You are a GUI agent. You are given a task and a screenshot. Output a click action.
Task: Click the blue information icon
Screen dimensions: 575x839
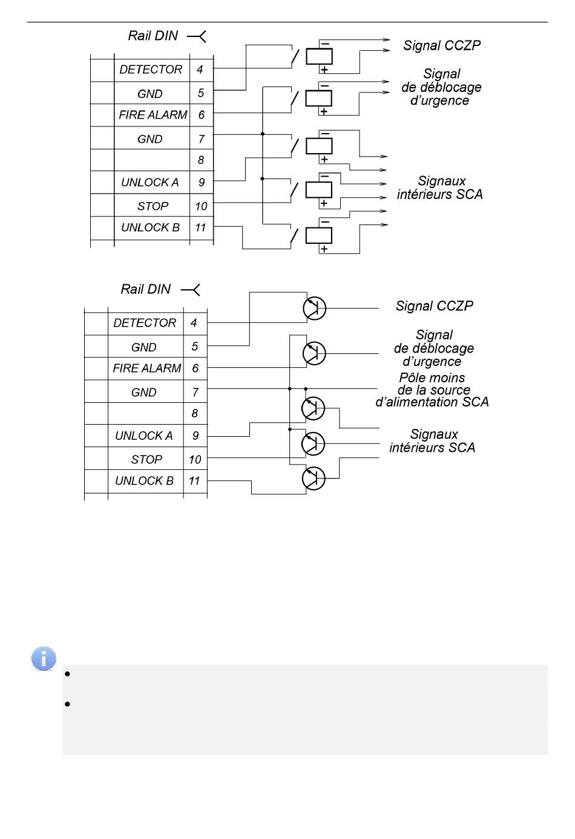[44, 658]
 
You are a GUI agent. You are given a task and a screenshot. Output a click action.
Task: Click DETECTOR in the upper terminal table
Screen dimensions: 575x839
[151, 70]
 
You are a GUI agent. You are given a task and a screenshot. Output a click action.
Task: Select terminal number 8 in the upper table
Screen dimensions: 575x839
[201, 160]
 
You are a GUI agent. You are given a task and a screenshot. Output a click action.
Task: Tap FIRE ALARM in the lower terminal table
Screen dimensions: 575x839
[147, 368]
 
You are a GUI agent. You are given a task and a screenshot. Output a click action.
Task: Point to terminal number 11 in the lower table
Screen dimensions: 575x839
[194, 480]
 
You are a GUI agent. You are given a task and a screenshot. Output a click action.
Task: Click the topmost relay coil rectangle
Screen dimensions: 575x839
[319, 56]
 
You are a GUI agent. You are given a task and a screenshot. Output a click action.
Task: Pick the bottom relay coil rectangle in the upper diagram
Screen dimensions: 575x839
[318, 235]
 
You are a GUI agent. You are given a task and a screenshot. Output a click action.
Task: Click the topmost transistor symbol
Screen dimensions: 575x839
[314, 309]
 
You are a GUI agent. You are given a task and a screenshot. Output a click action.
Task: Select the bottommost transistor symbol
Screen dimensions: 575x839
[314, 478]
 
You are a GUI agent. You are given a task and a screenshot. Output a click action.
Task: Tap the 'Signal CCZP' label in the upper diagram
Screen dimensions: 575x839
[442, 45]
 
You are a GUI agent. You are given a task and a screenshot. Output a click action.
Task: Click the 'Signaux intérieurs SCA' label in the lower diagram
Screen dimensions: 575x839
[432, 441]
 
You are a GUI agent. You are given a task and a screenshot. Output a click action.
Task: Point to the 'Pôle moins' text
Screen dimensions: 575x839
[432, 377]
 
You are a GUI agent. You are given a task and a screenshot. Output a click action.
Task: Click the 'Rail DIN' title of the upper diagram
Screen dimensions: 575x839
[153, 36]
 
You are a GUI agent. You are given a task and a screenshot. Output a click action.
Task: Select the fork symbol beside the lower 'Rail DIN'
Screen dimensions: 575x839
[191, 290]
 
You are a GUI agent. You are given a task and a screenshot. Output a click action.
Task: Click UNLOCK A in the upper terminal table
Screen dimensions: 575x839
[150, 183]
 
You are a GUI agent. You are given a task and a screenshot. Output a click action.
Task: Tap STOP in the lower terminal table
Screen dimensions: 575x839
[146, 459]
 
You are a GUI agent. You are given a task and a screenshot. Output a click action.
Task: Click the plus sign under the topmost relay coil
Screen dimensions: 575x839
[324, 70]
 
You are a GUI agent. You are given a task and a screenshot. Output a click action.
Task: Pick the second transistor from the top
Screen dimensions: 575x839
[314, 353]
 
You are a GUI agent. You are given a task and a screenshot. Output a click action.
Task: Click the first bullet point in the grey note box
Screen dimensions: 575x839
[67, 674]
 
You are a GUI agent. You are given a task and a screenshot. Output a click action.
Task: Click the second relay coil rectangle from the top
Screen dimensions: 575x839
[318, 99]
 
